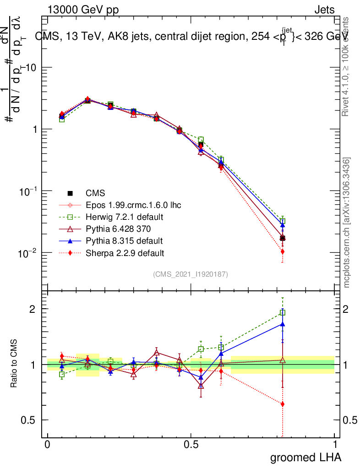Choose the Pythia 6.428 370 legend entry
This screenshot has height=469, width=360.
click(118, 229)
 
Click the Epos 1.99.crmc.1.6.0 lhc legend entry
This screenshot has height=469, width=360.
click(132, 205)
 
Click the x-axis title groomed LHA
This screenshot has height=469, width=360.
click(306, 457)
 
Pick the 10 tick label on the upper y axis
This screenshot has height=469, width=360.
click(30, 67)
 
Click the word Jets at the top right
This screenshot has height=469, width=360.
click(324, 10)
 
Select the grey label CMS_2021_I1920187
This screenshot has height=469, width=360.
click(191, 274)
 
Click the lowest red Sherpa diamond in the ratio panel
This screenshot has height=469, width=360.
click(283, 404)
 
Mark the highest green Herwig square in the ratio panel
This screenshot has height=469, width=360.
click(283, 313)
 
